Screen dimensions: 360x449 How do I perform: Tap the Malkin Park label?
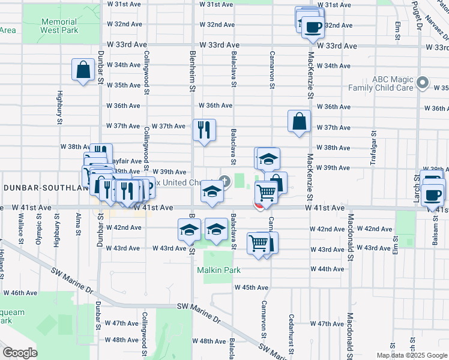219,270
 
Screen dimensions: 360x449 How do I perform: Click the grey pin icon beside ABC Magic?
423,83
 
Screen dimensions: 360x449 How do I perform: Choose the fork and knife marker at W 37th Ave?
204,129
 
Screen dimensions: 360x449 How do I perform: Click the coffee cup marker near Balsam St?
433,194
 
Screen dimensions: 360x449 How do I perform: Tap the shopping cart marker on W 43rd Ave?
258,243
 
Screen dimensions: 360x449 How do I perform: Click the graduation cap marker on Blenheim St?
189,229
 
